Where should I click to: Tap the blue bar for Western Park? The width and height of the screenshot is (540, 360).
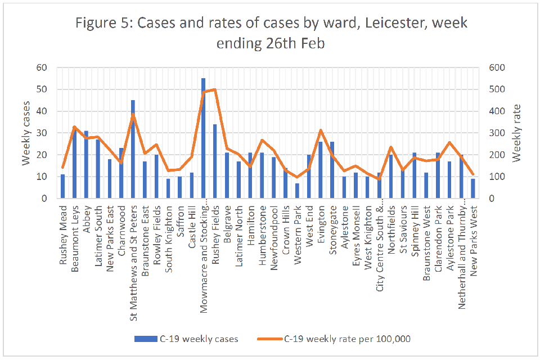pyautogui.click(x=297, y=191)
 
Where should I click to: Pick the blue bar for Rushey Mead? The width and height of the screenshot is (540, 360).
pyautogui.click(x=63, y=187)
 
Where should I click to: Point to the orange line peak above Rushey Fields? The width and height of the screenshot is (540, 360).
pyautogui.click(x=215, y=89)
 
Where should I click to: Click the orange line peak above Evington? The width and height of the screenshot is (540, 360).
pyautogui.click(x=321, y=130)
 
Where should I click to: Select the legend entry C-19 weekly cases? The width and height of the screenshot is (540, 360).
pyautogui.click(x=186, y=339)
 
